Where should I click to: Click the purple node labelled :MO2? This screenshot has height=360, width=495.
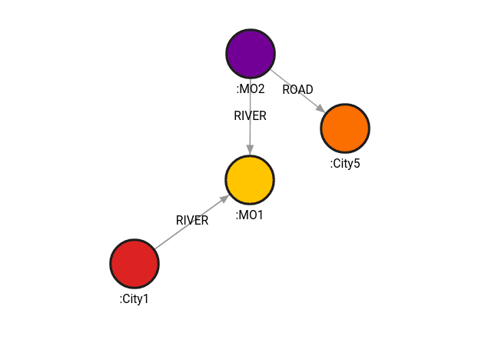(x=251, y=53)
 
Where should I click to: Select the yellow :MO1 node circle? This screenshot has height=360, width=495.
(x=250, y=180)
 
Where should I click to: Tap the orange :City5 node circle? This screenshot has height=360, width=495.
(x=345, y=128)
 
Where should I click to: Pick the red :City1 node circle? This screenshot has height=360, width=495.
(x=135, y=263)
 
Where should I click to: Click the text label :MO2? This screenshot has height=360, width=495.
(x=251, y=89)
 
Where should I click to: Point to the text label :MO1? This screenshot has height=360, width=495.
(x=250, y=215)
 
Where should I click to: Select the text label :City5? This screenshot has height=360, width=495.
(x=345, y=163)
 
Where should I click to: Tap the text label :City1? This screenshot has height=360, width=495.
(x=135, y=298)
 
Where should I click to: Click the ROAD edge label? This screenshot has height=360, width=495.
(x=297, y=90)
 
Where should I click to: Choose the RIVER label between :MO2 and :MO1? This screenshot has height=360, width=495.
(x=250, y=116)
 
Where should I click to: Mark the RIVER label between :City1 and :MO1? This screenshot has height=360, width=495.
(x=192, y=221)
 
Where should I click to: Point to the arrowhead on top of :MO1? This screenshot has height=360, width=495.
(x=250, y=149)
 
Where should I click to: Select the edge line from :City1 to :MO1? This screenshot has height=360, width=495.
(x=177, y=232)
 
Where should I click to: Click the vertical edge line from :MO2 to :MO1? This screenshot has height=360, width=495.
(x=250, y=135)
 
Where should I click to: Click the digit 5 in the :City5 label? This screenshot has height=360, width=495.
(x=357, y=163)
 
